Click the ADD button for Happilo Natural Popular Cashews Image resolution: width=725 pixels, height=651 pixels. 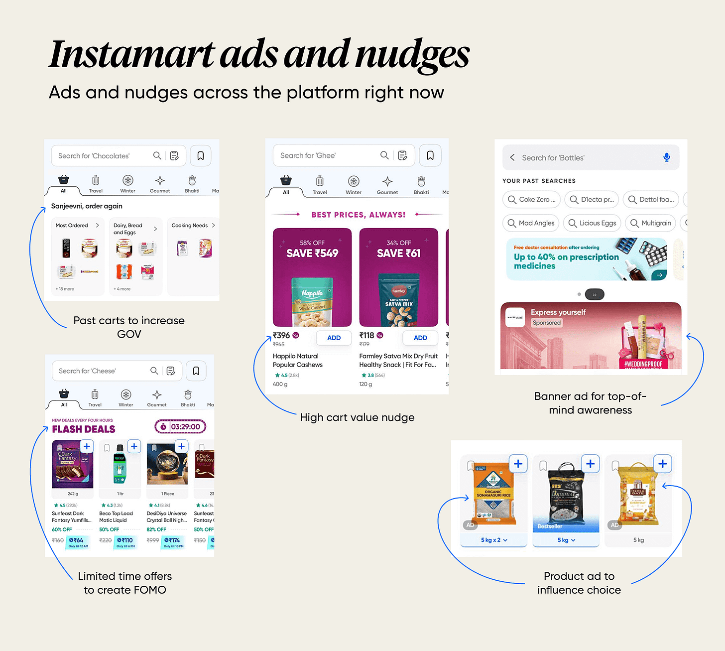click(x=334, y=338)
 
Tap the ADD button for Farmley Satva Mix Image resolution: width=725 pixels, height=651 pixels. click(x=420, y=338)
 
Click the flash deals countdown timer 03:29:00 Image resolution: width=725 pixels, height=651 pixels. click(x=180, y=427)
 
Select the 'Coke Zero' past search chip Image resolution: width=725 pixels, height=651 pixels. click(x=531, y=199)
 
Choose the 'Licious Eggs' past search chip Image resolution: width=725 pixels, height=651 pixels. click(x=592, y=223)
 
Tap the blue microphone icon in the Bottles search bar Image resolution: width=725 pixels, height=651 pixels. click(x=666, y=157)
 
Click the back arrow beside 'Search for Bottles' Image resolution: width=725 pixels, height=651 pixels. click(x=512, y=157)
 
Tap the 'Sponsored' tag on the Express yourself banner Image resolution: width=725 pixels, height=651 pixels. click(x=547, y=323)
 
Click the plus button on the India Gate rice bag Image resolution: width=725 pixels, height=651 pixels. click(x=662, y=464)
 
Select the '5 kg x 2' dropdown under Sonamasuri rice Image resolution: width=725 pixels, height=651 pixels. click(x=493, y=540)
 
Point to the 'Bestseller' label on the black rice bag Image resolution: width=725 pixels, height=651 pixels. click(x=550, y=526)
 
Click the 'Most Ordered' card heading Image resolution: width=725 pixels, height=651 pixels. click(x=72, y=226)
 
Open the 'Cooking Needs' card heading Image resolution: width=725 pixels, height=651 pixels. click(x=190, y=226)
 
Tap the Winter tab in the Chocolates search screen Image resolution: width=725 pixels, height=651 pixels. click(x=128, y=184)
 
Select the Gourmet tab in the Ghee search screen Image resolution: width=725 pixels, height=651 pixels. click(x=387, y=185)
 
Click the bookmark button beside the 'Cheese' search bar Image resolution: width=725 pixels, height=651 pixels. click(x=196, y=371)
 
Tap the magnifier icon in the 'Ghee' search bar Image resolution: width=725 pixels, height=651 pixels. click(x=384, y=155)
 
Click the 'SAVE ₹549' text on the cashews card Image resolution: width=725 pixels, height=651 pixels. click(x=312, y=253)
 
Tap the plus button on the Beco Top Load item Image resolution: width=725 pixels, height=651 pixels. click(x=134, y=446)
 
